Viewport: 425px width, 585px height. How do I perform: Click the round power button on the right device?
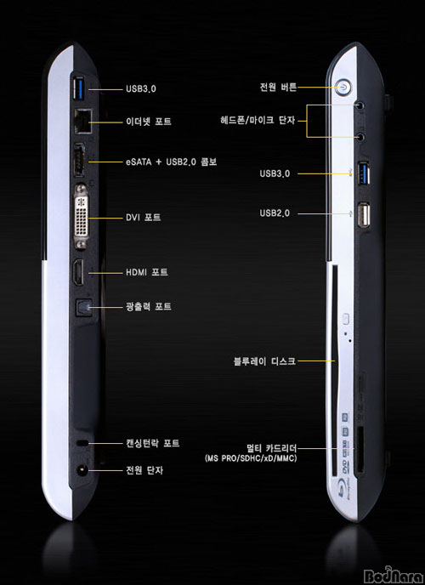(x=343, y=88)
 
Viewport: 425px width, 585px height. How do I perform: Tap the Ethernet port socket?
(x=82, y=122)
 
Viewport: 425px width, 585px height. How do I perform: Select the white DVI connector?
(x=82, y=217)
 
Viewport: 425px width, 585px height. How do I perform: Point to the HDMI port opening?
(x=78, y=272)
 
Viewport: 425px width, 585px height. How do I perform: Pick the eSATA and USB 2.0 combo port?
(x=79, y=160)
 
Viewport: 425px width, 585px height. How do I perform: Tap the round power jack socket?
(x=82, y=470)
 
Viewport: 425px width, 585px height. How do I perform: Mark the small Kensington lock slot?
(x=82, y=443)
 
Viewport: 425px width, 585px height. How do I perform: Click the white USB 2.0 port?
(x=364, y=214)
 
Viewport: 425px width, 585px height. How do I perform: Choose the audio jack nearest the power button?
(x=360, y=105)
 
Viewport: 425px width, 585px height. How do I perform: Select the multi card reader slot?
(x=360, y=452)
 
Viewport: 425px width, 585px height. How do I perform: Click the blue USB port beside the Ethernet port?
(x=80, y=88)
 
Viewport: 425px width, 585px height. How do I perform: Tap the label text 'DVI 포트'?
(x=143, y=217)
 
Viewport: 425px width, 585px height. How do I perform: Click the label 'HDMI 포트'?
(x=147, y=272)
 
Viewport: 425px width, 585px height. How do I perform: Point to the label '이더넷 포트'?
(x=149, y=122)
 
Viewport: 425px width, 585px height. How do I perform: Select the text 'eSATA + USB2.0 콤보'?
(x=171, y=162)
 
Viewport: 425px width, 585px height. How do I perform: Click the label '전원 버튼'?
(x=278, y=88)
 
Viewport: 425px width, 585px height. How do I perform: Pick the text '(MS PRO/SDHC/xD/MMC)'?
(x=251, y=458)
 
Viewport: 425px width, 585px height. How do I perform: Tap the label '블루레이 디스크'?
(x=264, y=361)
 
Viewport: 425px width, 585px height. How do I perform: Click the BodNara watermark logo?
(x=394, y=575)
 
